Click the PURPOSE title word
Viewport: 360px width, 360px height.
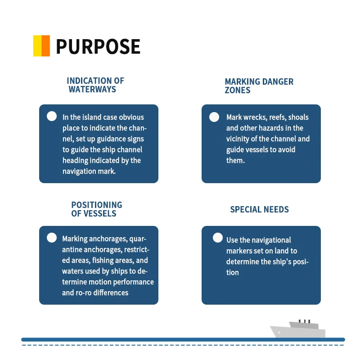(x=98, y=46)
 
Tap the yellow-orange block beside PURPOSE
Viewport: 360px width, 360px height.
(x=41, y=46)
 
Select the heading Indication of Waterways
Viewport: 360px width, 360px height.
(x=95, y=85)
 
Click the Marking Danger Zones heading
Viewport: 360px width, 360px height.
(x=259, y=85)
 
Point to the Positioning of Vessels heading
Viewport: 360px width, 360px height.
(x=96, y=209)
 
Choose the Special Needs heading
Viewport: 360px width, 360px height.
(x=259, y=209)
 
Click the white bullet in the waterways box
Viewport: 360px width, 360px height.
(x=52, y=116)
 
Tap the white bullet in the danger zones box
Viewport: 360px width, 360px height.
(x=214, y=117)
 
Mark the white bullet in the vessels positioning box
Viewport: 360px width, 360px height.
(x=52, y=238)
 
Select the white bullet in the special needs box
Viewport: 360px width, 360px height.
(x=218, y=238)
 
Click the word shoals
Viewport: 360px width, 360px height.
(x=298, y=117)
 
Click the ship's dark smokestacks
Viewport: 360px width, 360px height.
(x=305, y=321)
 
